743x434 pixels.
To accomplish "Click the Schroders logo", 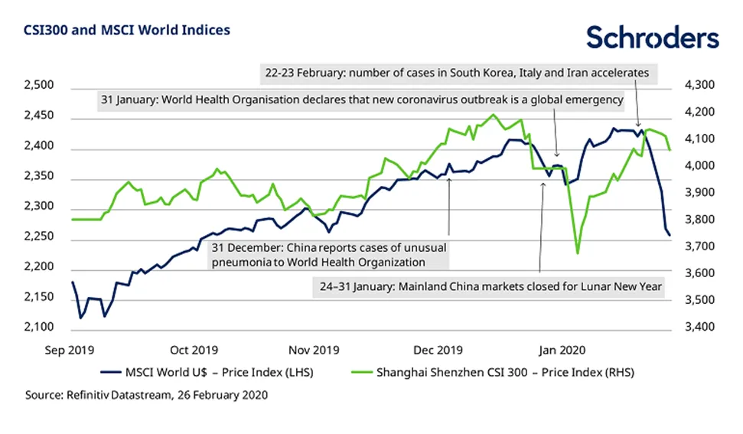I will point(652,38).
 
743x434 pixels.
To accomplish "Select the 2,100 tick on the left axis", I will point(40,328).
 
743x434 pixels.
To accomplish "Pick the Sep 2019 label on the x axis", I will point(70,351).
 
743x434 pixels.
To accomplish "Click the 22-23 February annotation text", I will point(455,73).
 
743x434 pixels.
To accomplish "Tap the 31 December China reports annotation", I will point(328,256).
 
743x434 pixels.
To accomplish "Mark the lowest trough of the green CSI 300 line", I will point(577,253).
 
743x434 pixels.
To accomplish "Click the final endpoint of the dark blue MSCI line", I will point(670,236).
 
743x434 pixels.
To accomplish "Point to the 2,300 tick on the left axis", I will point(40,207).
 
